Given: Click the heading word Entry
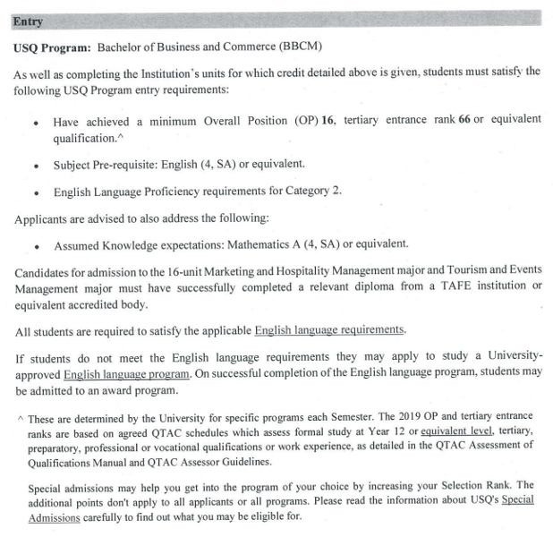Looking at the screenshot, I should click(29, 21).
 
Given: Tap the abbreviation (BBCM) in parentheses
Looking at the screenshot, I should click(294, 47).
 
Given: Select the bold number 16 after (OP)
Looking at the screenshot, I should click(327, 122).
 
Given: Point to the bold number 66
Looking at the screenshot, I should click(464, 122).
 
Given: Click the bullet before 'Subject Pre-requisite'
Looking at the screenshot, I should click(35, 166).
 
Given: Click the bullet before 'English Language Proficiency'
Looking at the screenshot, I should click(35, 192).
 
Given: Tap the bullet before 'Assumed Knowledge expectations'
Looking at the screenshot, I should click(35, 244).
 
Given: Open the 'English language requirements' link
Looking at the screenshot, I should click(330, 330).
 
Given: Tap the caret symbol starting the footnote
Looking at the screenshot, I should click(20, 417).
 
